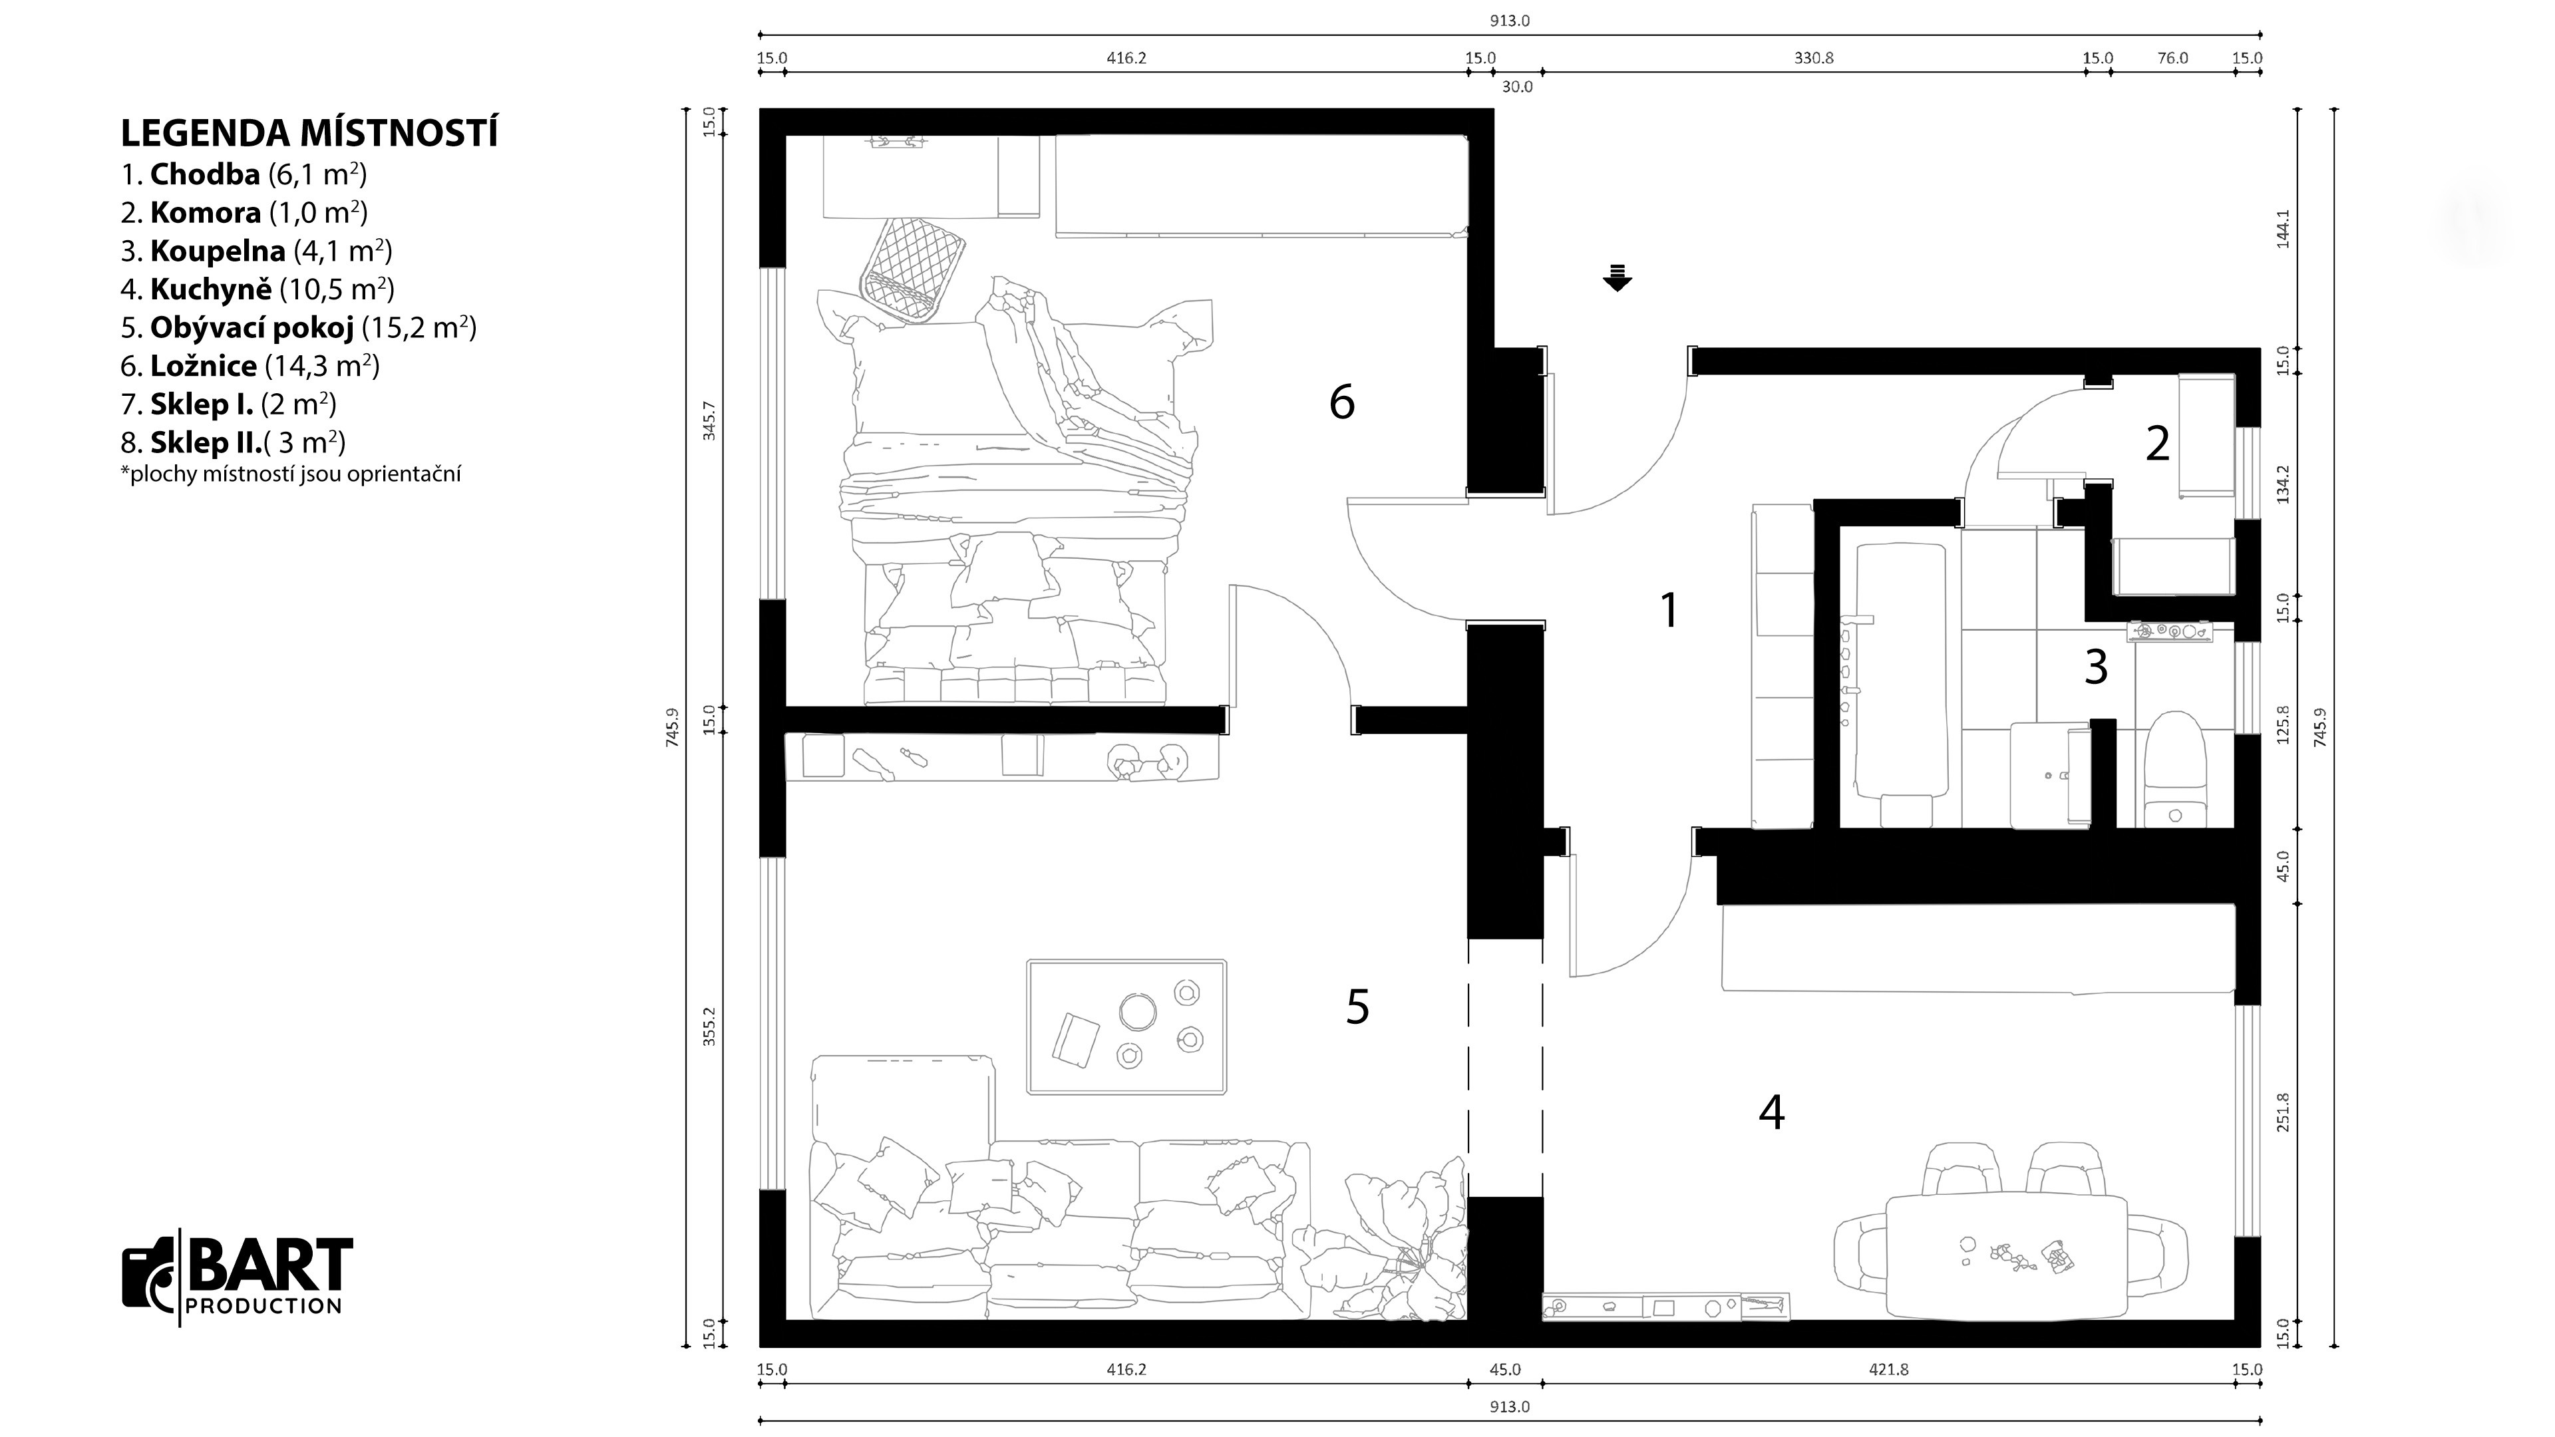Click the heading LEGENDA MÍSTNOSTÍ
click(309, 133)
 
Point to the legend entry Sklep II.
click(233, 442)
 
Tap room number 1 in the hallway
click(1669, 610)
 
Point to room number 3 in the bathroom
click(2096, 667)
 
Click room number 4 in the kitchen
click(1771, 1113)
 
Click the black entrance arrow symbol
click(1617, 277)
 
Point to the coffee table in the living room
click(1126, 1027)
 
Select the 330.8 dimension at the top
click(1813, 57)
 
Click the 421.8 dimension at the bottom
click(1888, 1370)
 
